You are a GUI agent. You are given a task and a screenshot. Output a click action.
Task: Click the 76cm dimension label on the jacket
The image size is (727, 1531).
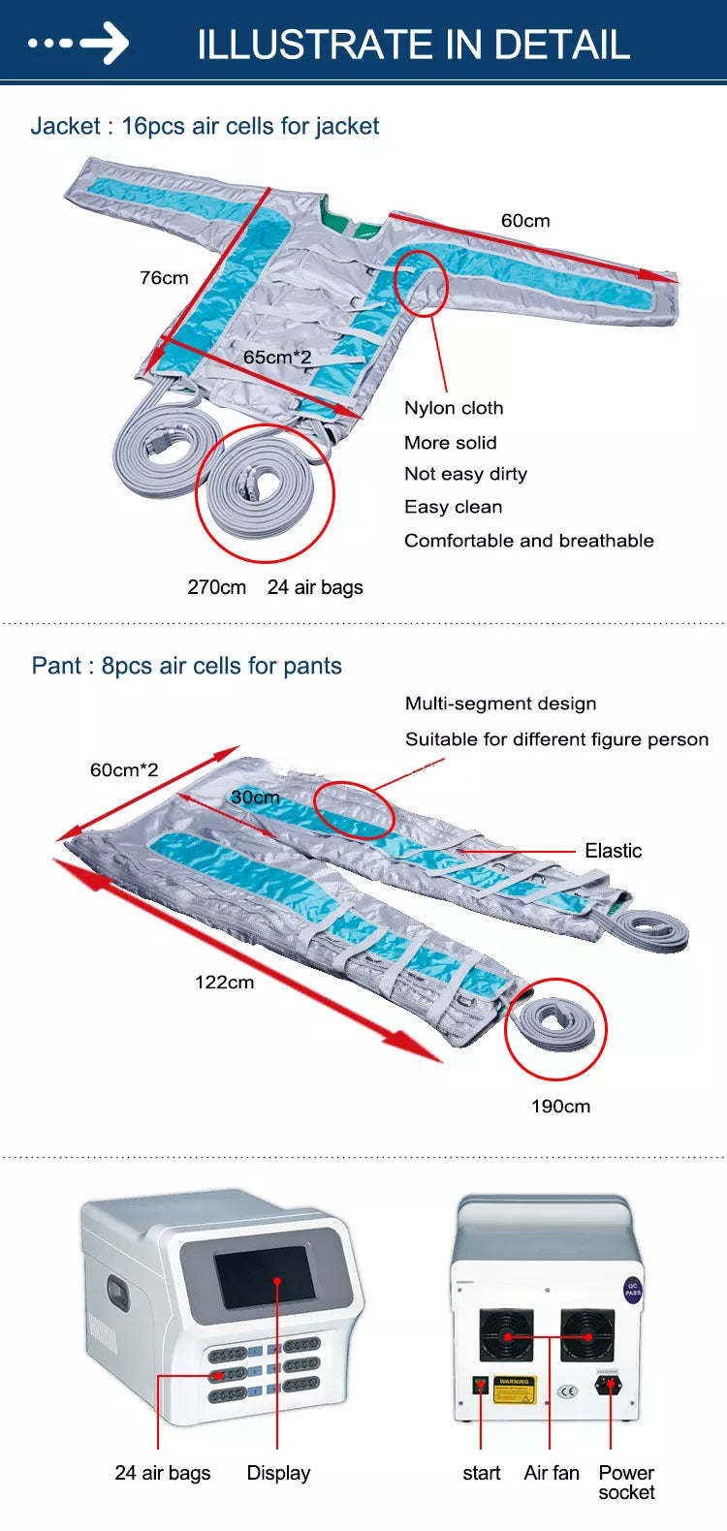tap(164, 278)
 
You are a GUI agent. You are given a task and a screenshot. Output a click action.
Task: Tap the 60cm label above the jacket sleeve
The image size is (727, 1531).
tap(525, 221)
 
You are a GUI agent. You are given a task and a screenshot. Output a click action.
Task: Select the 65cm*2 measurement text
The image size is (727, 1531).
tap(277, 358)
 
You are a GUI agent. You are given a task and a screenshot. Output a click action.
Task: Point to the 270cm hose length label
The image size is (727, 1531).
tap(216, 587)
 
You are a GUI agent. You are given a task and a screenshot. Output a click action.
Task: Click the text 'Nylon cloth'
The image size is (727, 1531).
tap(454, 408)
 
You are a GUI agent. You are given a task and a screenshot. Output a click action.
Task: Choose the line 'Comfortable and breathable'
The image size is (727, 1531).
tap(528, 541)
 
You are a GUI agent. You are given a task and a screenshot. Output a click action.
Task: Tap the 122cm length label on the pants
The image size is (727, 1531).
tap(224, 982)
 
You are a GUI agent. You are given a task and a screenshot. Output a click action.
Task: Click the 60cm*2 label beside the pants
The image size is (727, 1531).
tap(124, 770)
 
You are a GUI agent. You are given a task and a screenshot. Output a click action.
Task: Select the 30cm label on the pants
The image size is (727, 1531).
tap(255, 797)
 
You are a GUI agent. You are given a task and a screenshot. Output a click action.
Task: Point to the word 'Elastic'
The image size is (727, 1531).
tap(613, 851)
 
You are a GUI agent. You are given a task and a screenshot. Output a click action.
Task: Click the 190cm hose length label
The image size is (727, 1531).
tap(560, 1106)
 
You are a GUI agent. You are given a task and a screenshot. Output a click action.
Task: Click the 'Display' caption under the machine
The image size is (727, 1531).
tap(278, 1473)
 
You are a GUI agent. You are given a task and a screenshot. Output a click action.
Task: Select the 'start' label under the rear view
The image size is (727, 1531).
tap(481, 1473)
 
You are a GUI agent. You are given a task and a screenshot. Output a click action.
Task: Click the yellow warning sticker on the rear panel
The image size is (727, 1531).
tap(514, 1389)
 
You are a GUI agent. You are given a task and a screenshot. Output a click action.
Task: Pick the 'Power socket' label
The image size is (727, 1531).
tap(626, 1483)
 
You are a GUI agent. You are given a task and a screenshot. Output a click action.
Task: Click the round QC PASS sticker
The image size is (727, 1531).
tap(632, 1291)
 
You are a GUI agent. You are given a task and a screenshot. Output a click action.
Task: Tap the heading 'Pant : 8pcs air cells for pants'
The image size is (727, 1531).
tap(186, 666)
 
